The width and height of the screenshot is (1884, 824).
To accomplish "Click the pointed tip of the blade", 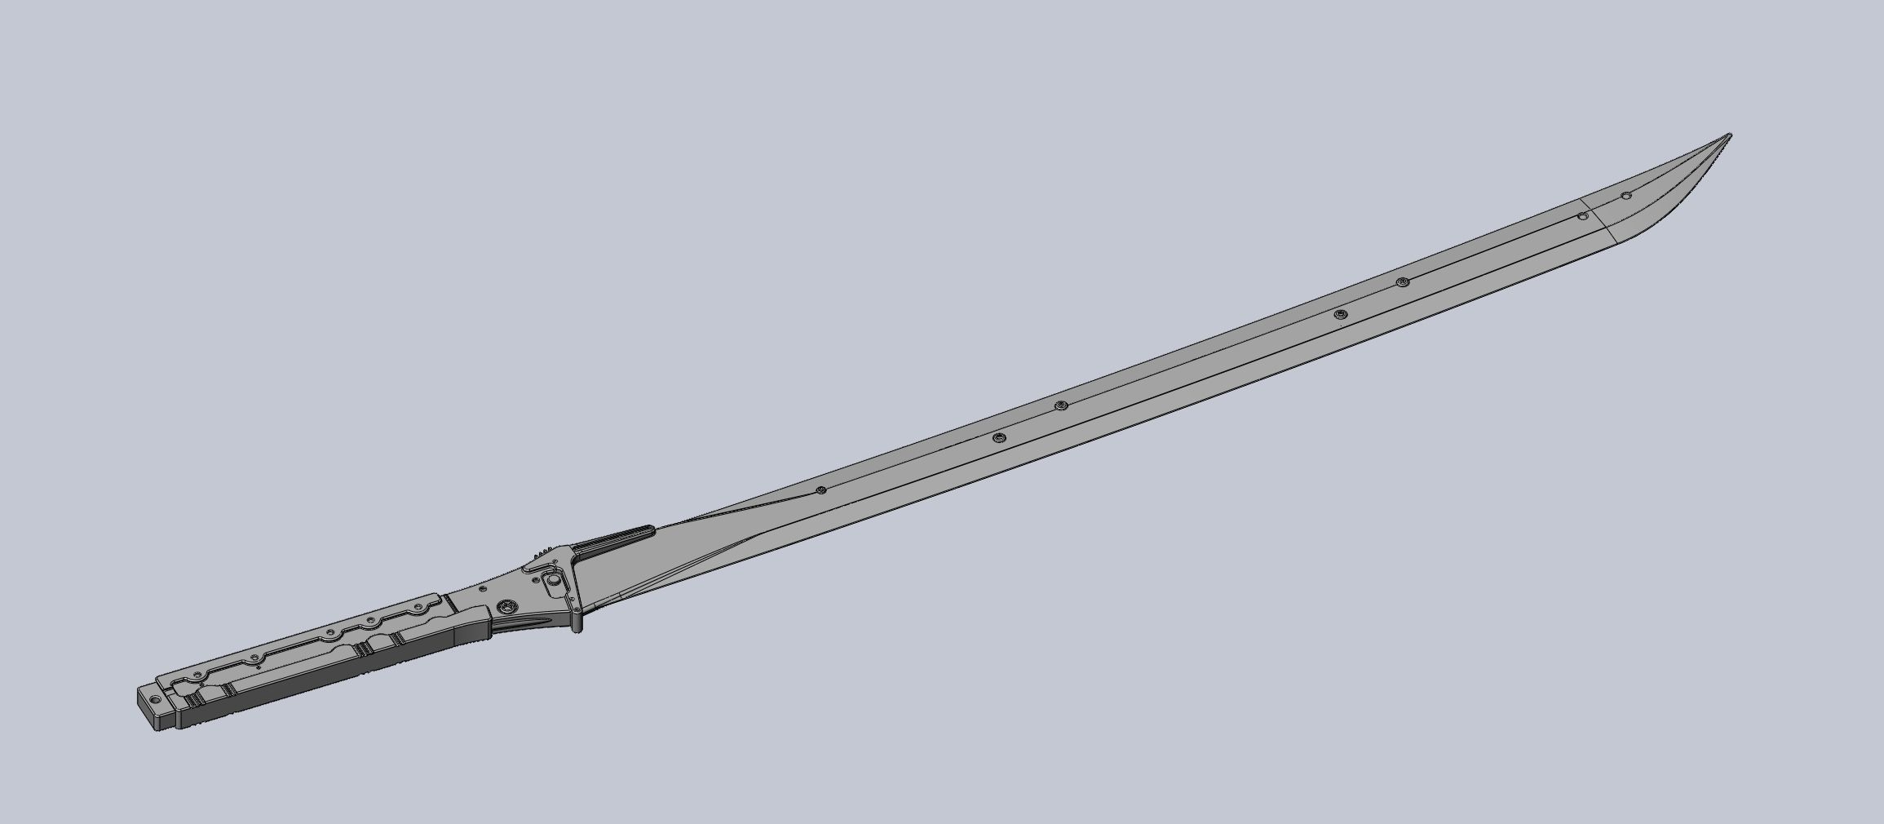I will [1729, 135].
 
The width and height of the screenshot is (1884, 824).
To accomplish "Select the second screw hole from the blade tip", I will [1582, 216].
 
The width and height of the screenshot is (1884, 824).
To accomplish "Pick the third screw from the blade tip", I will [1403, 282].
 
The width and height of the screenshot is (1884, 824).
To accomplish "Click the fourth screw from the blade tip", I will [1340, 314].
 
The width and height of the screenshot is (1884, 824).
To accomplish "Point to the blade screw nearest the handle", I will [821, 490].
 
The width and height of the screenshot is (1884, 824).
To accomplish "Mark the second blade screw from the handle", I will [998, 438].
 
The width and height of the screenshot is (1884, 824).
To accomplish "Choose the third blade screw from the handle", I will [1061, 405].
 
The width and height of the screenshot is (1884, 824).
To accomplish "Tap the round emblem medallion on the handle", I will [508, 606].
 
